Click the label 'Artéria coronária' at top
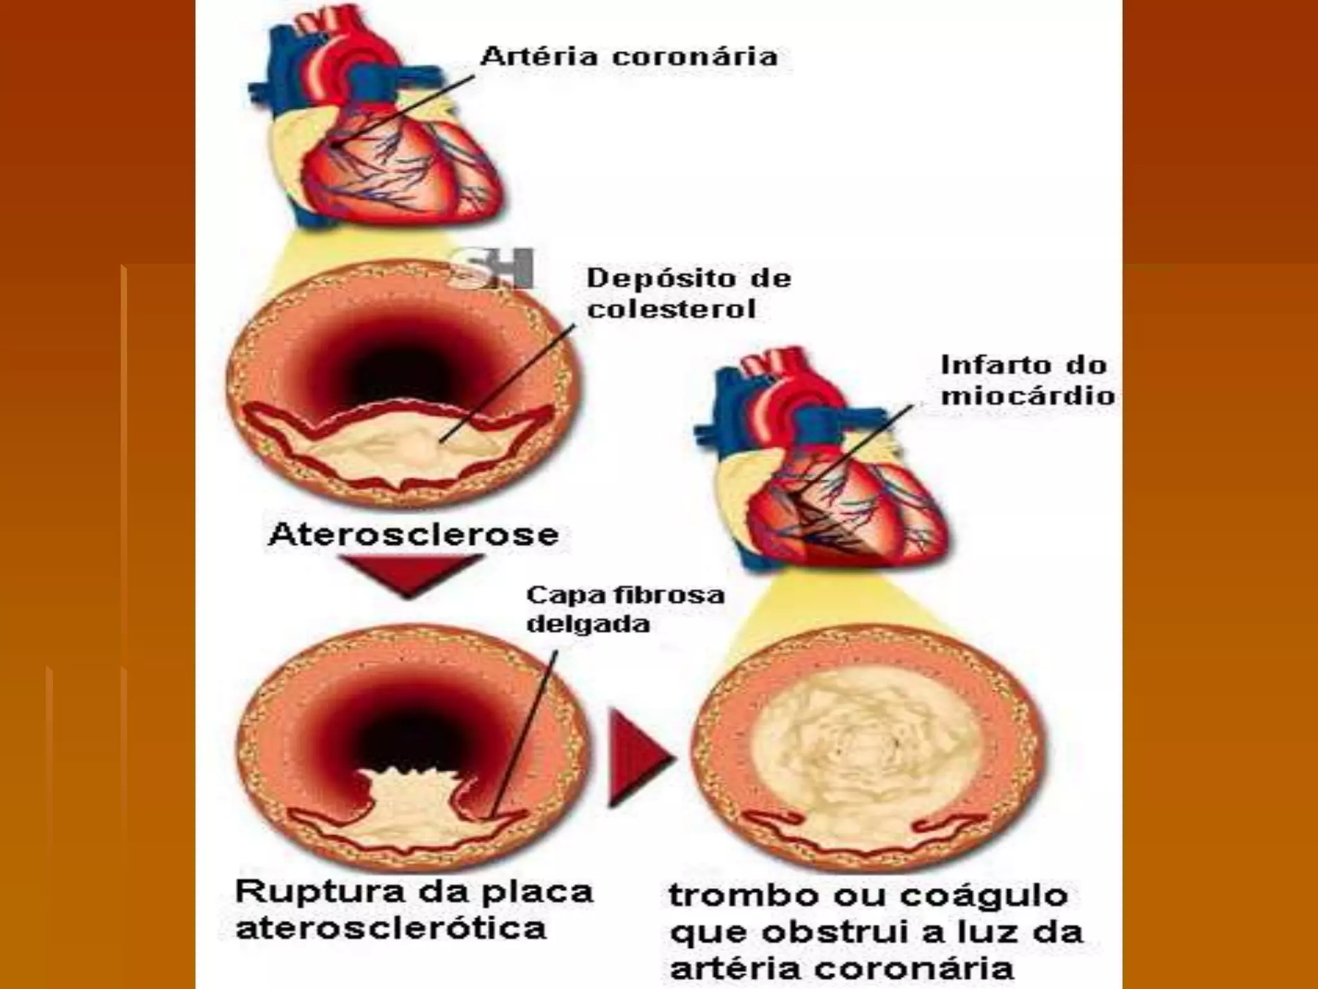pyautogui.click(x=629, y=57)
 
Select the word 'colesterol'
pyautogui.click(x=671, y=309)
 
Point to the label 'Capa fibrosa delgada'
pyautogui.click(x=624, y=609)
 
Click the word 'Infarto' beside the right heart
pyautogui.click(x=985, y=365)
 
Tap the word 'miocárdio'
pyautogui.click(x=1027, y=395)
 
